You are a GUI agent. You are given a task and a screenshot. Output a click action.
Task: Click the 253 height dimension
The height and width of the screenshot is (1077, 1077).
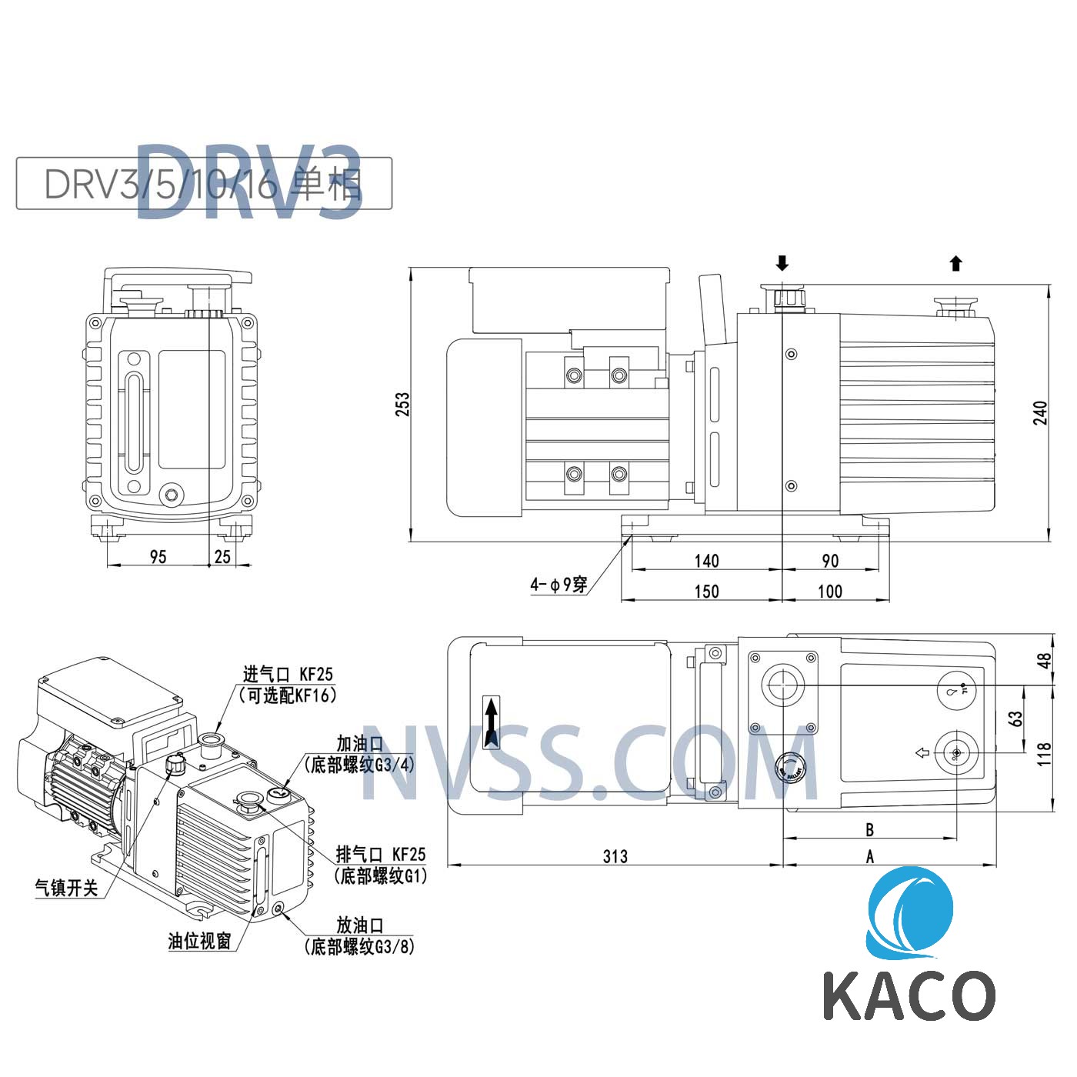tap(402, 405)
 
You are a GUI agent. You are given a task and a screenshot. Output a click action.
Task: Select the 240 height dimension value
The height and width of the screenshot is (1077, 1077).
tap(1040, 413)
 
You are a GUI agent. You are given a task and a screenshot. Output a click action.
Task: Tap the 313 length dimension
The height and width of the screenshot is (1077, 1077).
tap(615, 856)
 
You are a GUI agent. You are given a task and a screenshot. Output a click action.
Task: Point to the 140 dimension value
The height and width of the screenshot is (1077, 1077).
tap(706, 561)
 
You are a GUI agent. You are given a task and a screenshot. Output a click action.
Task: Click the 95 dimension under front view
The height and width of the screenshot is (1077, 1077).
tap(158, 556)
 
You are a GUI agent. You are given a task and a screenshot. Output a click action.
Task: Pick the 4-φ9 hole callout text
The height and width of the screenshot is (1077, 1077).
tap(559, 585)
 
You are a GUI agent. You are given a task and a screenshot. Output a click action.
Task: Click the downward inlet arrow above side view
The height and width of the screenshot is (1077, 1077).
tap(782, 264)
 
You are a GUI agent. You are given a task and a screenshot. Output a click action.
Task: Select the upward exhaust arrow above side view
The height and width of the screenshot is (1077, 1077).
tap(956, 264)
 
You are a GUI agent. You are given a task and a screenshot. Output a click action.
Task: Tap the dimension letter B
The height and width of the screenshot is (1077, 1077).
tap(869, 829)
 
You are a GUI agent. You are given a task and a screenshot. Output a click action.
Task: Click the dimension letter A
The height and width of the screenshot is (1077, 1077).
tap(869, 856)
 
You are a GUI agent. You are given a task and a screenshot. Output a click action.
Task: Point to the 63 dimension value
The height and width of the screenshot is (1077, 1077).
tap(1016, 719)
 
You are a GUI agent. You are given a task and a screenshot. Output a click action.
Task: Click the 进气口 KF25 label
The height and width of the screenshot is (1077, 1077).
tap(288, 675)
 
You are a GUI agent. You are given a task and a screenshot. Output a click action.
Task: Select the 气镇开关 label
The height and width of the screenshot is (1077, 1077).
tap(67, 888)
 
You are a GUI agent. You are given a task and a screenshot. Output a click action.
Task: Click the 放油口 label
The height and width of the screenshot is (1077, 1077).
tap(359, 925)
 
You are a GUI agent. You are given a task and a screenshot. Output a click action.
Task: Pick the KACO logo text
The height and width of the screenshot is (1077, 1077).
tap(909, 995)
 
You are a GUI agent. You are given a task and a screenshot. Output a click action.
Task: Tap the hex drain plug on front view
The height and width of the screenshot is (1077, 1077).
tap(171, 494)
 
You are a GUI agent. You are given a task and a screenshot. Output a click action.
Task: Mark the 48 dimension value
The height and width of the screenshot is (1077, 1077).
tap(1044, 661)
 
